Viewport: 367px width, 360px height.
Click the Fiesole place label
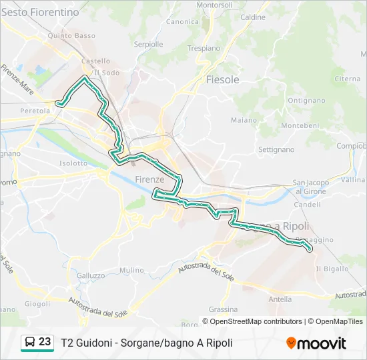tap(222, 79)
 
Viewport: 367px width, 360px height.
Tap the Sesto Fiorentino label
tap(40, 12)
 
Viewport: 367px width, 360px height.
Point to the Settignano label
tap(276, 149)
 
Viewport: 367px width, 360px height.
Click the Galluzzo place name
tap(91, 275)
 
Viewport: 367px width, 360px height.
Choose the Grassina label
tap(223, 309)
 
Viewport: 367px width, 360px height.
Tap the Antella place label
tap(280, 299)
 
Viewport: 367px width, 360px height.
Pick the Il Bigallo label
tap(332, 269)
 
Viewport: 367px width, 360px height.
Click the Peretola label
tap(35, 111)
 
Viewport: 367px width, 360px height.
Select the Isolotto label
tap(73, 163)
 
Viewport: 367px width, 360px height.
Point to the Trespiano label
tap(204, 48)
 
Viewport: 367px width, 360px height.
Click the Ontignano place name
tap(306, 100)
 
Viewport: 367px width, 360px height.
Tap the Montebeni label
tap(300, 125)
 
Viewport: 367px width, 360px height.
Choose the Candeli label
tap(307, 204)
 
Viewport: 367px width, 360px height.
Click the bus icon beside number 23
tap(30, 343)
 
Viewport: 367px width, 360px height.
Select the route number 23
tap(45, 342)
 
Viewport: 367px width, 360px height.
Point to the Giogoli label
tap(37, 303)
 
